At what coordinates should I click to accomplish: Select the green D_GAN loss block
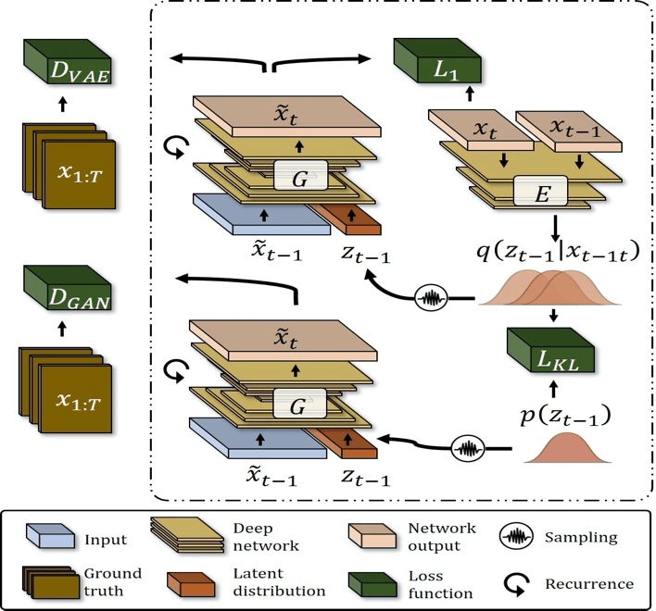[x=68, y=288]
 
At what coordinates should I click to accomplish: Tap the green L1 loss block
[x=437, y=60]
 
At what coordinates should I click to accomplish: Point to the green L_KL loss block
[x=550, y=350]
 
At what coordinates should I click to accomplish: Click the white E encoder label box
[x=540, y=191]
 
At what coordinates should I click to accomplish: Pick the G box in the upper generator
[x=301, y=176]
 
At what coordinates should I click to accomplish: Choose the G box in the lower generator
[x=299, y=404]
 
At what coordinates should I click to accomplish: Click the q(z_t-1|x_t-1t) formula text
[x=559, y=252]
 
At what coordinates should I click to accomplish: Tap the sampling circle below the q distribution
[x=431, y=299]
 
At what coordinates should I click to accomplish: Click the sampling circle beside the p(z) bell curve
[x=468, y=449]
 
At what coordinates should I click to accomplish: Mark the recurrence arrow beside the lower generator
[x=176, y=371]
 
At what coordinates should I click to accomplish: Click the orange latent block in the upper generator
[x=347, y=219]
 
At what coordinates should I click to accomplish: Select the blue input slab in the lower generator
[x=259, y=438]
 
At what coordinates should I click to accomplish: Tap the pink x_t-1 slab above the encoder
[x=569, y=131]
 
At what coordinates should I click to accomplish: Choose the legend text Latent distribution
[x=279, y=582]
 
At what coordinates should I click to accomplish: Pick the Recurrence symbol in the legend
[x=516, y=584]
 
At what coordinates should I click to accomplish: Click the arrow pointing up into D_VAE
[x=63, y=104]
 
